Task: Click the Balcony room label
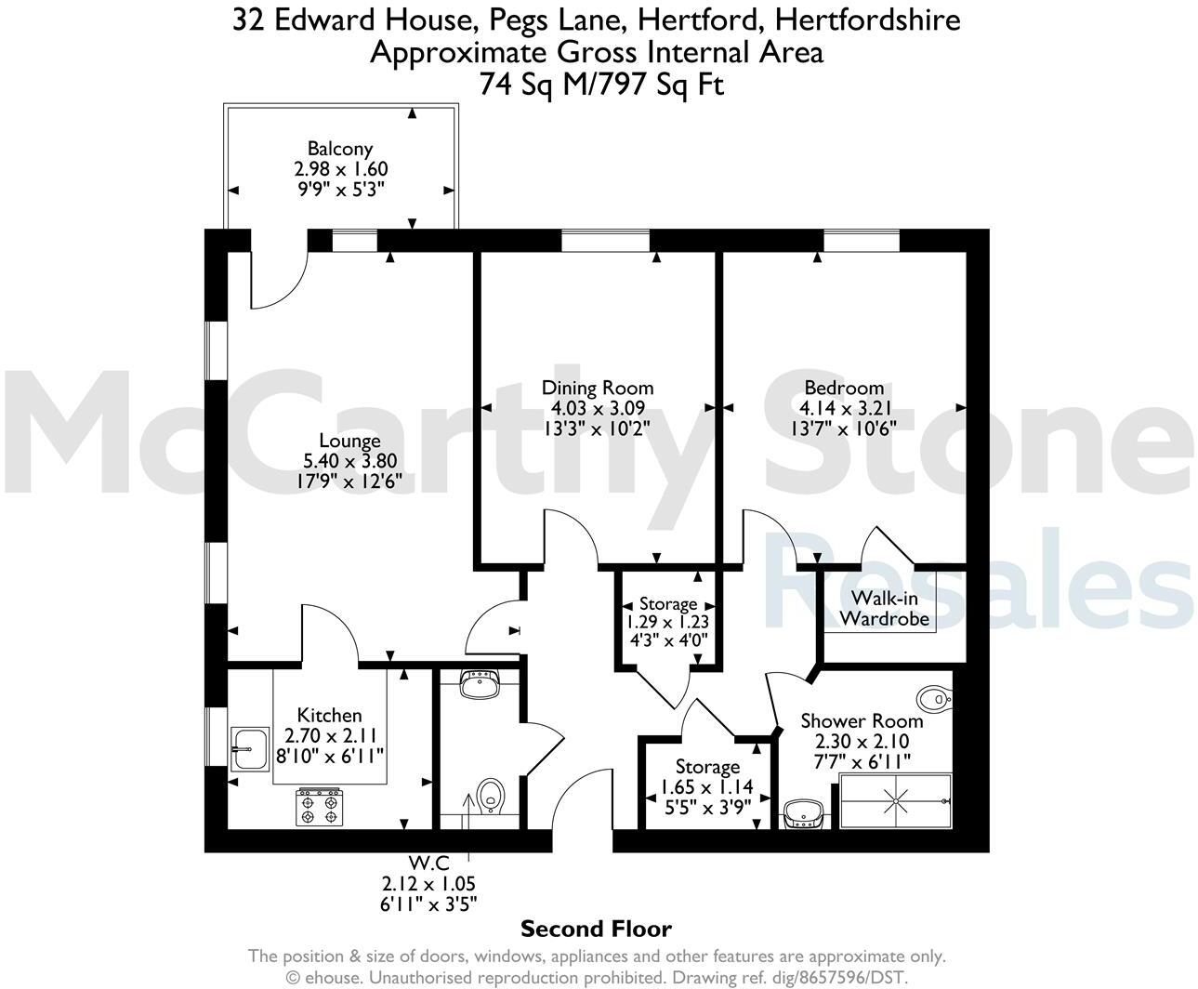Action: (x=340, y=149)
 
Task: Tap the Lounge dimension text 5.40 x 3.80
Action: (x=349, y=461)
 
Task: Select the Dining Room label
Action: (x=598, y=388)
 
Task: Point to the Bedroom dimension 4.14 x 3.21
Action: (x=844, y=408)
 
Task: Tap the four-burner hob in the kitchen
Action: (x=319, y=807)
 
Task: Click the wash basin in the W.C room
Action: (x=480, y=686)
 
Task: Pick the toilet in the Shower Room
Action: (x=933, y=697)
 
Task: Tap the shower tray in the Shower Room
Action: (x=896, y=800)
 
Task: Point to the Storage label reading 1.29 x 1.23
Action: (x=667, y=622)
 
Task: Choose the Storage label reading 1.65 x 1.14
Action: (x=707, y=786)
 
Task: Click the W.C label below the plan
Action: (x=428, y=864)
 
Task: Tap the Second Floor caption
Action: (x=596, y=929)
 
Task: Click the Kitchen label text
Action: (x=329, y=715)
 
